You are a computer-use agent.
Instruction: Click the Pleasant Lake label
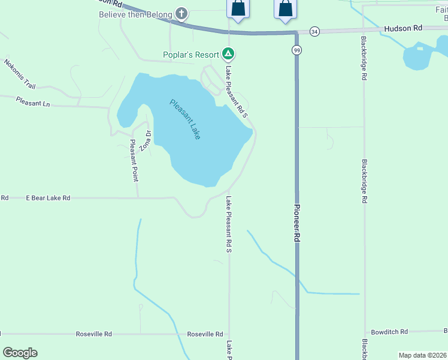click(184, 119)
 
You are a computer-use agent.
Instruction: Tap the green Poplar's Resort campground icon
click(228, 55)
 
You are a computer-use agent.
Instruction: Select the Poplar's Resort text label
click(191, 55)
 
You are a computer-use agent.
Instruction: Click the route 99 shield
click(296, 50)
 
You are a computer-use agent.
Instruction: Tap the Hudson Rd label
click(403, 28)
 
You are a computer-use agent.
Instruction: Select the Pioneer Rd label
click(296, 223)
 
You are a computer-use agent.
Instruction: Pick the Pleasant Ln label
click(33, 102)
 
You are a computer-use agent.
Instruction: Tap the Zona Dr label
click(144, 141)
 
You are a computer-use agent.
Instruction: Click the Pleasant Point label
click(134, 161)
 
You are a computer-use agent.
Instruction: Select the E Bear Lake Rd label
click(48, 197)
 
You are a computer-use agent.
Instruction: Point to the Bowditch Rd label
click(389, 331)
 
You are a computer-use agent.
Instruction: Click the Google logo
click(20, 353)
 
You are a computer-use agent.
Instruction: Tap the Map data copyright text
click(422, 355)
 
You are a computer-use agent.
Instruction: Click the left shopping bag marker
click(238, 9)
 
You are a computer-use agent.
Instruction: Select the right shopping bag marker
click(285, 9)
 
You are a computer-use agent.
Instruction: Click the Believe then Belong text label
click(136, 14)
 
